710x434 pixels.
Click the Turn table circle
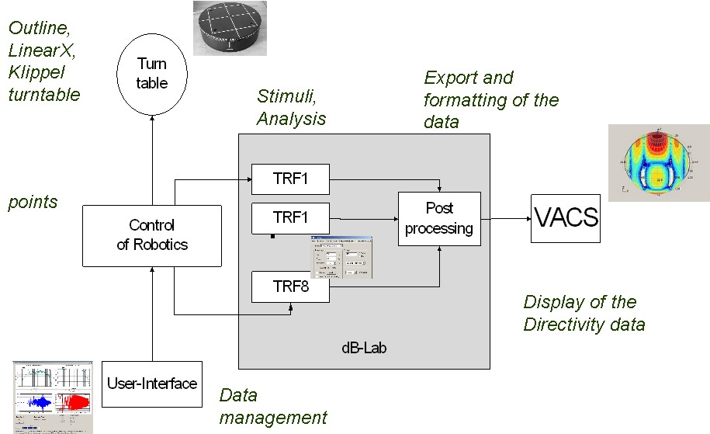[152, 73]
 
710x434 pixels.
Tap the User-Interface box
[152, 383]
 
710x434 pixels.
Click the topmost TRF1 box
[290, 178]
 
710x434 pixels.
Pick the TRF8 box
[290, 286]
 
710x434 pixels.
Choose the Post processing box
[438, 218]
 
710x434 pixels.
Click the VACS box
[566, 217]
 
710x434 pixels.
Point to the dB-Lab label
[364, 349]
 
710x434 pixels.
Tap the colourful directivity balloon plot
[658, 162]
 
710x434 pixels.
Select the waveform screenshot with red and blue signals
[53, 396]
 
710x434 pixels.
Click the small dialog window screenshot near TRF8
[341, 255]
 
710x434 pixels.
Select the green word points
[33, 202]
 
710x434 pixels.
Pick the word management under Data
[273, 418]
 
